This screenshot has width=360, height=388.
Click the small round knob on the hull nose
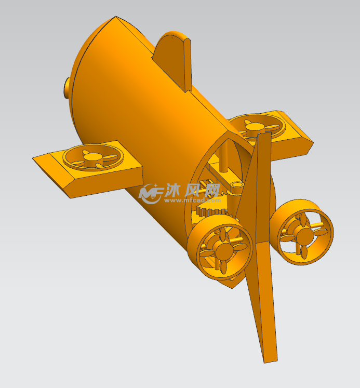pos(67,88)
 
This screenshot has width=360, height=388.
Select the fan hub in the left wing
pos(93,158)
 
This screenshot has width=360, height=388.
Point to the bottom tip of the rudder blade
pos(271,362)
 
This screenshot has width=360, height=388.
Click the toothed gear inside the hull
pos(213,211)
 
